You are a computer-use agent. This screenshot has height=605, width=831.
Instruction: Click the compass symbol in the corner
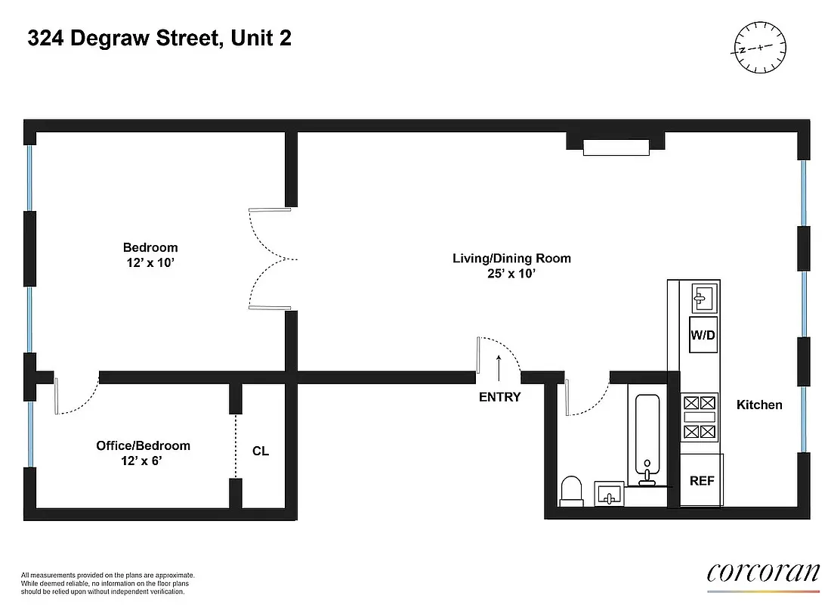(759, 48)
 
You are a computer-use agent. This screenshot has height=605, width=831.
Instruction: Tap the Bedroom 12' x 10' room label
(150, 255)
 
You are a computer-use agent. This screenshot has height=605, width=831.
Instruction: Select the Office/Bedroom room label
(143, 452)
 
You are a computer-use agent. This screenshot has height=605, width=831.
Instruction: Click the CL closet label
(261, 451)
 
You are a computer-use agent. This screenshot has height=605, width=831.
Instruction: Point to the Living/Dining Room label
(511, 265)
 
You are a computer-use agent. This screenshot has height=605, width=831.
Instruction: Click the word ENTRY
(499, 397)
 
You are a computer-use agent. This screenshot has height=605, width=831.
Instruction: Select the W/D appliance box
(702, 334)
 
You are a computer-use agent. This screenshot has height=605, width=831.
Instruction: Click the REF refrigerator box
(702, 480)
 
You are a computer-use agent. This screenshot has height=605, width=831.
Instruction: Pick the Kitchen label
(759, 405)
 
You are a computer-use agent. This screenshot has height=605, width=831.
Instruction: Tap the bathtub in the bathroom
(646, 435)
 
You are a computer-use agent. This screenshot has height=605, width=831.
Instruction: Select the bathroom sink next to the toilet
(608, 495)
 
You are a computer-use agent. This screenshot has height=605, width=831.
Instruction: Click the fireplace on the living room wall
(615, 147)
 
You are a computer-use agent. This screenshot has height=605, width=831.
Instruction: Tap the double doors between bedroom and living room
(270, 259)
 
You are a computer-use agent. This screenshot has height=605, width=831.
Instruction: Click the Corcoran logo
(763, 572)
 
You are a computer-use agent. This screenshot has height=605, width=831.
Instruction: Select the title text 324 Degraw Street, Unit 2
(159, 39)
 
